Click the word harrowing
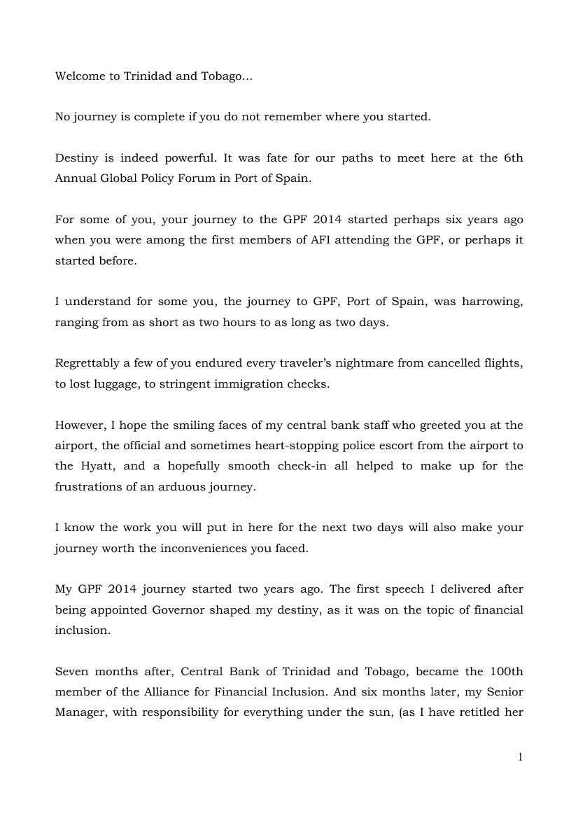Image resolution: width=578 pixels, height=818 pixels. pos(493,302)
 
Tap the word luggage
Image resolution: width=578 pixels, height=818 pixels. pos(120,383)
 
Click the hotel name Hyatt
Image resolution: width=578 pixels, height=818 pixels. pos(90,466)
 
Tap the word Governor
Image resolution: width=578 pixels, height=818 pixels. pos(178,609)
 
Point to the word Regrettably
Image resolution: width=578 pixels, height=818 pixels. pos(85,363)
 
